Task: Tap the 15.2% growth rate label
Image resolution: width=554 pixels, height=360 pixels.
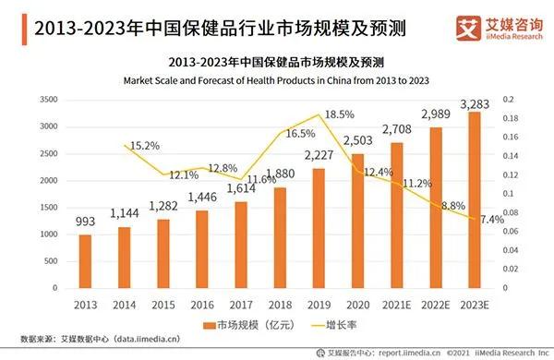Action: (x=143, y=146)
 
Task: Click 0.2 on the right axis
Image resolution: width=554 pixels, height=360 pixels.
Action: (x=507, y=99)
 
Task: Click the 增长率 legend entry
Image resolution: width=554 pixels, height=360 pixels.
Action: (x=343, y=325)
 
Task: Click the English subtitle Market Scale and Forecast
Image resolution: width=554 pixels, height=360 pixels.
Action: (x=276, y=80)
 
